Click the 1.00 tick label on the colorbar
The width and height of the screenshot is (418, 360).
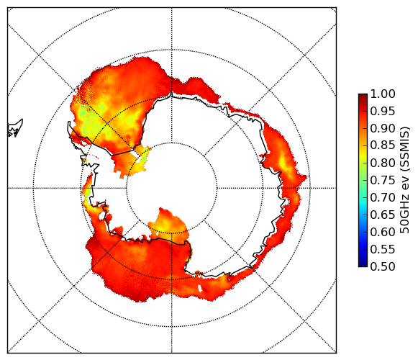(383, 94)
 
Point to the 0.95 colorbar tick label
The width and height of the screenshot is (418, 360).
(383, 112)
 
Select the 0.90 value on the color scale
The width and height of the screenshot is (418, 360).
(383, 128)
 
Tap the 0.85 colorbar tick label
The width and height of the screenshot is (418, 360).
(383, 145)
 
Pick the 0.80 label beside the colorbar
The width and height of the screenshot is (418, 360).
(383, 163)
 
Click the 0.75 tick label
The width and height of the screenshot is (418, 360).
(383, 181)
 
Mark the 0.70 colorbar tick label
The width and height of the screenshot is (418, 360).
(383, 198)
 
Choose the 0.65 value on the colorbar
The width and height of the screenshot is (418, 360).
(383, 215)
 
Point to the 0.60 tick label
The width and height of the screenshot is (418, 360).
(383, 232)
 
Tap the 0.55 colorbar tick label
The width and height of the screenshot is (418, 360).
(383, 250)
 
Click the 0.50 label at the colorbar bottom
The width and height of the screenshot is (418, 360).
(383, 266)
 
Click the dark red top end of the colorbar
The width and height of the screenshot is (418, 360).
(363, 95)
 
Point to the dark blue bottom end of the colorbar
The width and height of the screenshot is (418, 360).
(363, 265)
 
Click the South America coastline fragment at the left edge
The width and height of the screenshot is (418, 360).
(15, 128)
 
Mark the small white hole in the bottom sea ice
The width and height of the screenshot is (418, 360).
(200, 288)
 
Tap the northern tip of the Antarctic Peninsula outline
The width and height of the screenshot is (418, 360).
(69, 122)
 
